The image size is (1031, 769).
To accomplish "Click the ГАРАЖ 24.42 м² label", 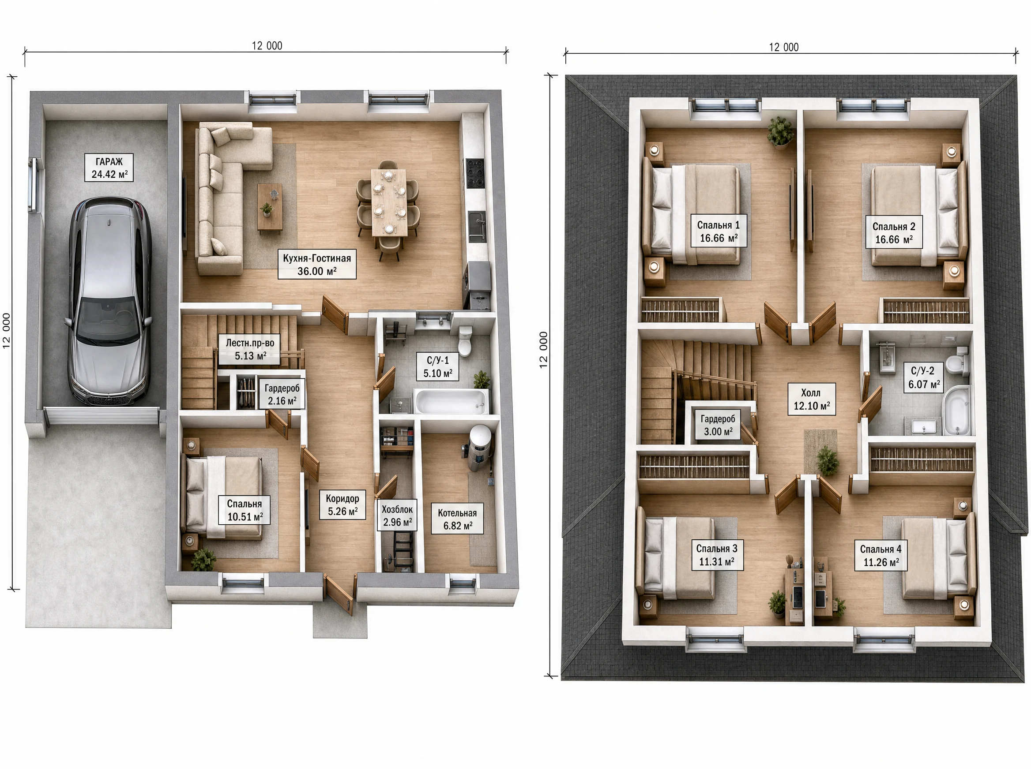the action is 109,168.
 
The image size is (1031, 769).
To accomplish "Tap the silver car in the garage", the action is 110,301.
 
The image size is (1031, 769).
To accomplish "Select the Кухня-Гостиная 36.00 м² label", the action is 317,265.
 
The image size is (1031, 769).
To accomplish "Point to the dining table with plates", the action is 388,202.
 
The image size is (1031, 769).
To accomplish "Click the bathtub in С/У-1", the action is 451,402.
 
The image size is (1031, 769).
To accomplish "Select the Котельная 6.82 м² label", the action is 458,519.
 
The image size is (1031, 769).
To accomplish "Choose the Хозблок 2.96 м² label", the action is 397,516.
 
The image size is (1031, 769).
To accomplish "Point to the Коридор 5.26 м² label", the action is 342,505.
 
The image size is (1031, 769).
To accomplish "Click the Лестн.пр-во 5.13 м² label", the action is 250,350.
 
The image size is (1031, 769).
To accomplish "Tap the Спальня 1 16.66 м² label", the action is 719,231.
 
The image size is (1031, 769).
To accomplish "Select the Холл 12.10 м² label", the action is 811,399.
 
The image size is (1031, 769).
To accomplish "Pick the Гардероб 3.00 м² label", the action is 718,425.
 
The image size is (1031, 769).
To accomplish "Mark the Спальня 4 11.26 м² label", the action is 880,556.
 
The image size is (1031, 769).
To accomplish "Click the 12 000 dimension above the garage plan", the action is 267,45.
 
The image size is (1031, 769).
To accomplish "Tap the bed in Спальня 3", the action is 678,558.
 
